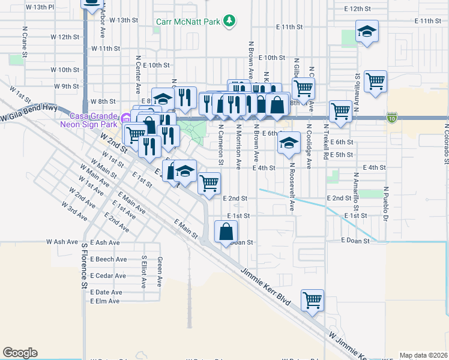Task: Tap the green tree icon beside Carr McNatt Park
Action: click(x=229, y=22)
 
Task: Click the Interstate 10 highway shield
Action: click(x=392, y=116)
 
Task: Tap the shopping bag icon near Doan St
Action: click(x=226, y=232)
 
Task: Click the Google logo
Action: click(x=20, y=353)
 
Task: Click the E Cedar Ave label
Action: click(x=108, y=275)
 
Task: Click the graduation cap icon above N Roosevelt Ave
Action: click(x=289, y=143)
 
